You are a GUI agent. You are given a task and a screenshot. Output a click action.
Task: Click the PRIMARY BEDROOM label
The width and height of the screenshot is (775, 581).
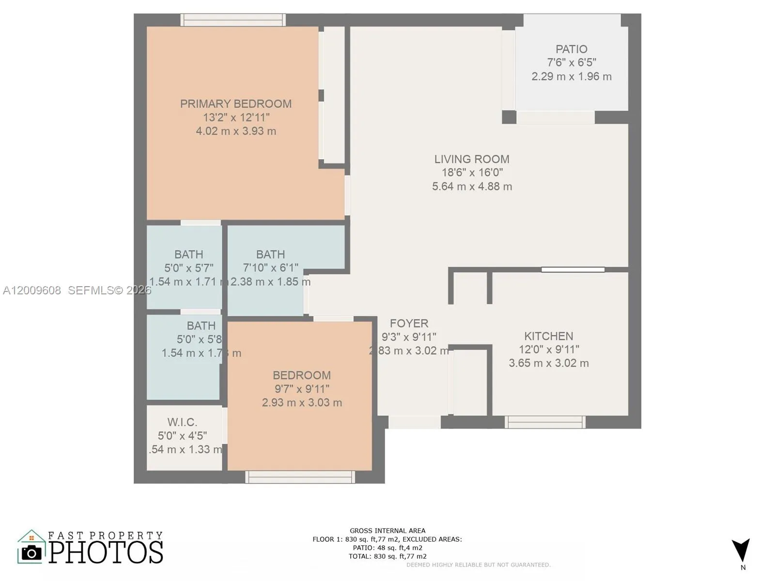click(x=236, y=104)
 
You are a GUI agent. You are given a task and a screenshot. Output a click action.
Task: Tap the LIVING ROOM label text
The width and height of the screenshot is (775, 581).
click(x=471, y=159)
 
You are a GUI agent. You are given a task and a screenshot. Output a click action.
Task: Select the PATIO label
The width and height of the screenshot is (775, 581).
click(x=571, y=49)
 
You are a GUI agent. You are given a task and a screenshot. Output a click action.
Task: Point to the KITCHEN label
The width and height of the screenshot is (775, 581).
click(x=548, y=336)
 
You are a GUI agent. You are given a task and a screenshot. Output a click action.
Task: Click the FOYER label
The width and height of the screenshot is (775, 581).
click(x=409, y=323)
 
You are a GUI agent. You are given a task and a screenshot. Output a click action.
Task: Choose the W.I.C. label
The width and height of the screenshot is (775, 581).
click(x=182, y=422)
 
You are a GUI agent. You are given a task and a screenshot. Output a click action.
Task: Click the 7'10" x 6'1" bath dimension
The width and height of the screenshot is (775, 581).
click(x=270, y=268)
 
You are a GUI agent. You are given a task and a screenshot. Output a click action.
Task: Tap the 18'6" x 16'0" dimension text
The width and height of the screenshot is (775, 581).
click(x=472, y=172)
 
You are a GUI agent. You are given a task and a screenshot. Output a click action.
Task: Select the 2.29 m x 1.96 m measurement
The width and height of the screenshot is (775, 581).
click(x=571, y=76)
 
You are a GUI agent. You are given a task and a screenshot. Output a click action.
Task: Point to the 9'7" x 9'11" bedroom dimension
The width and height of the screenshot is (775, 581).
click(x=301, y=389)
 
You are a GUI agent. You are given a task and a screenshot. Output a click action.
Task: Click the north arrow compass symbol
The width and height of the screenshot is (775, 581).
click(x=741, y=551)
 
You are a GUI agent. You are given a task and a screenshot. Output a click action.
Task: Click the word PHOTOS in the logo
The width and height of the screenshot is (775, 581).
click(x=106, y=552)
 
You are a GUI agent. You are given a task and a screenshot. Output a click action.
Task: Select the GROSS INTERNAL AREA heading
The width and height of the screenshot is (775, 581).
click(x=387, y=531)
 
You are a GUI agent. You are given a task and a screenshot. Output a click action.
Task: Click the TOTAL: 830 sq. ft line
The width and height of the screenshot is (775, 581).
click(x=387, y=556)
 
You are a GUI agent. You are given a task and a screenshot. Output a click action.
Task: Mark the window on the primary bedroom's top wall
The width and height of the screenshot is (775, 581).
click(x=233, y=20)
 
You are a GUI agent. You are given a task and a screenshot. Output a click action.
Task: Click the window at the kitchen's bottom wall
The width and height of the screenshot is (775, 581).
click(x=545, y=422)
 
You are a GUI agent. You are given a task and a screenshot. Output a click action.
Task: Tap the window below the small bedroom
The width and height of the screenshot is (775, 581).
click(x=300, y=477)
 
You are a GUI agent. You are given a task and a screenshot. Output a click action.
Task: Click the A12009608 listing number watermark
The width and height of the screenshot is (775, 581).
click(x=32, y=290)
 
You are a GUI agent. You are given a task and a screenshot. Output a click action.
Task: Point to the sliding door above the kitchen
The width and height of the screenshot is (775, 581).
click(x=573, y=270)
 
